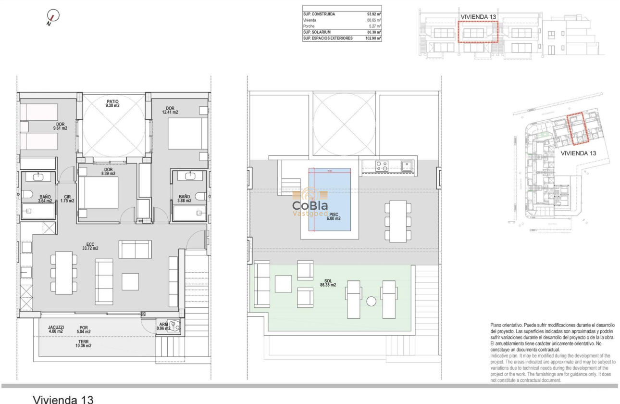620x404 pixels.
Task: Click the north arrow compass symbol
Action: tap(53, 17)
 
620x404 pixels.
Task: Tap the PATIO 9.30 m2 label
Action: tap(113, 103)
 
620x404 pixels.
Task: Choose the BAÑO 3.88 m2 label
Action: tap(185, 199)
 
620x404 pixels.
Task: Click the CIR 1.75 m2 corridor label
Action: tap(67, 199)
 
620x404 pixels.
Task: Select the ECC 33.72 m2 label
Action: tap(90, 246)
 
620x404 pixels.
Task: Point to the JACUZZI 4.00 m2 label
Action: tap(56, 329)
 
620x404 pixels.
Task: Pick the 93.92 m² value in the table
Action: tap(373, 14)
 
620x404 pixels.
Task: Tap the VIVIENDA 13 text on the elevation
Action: tap(478, 17)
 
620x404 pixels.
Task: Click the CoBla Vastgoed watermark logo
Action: tap(310, 204)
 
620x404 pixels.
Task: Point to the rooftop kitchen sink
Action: tap(406, 165)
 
